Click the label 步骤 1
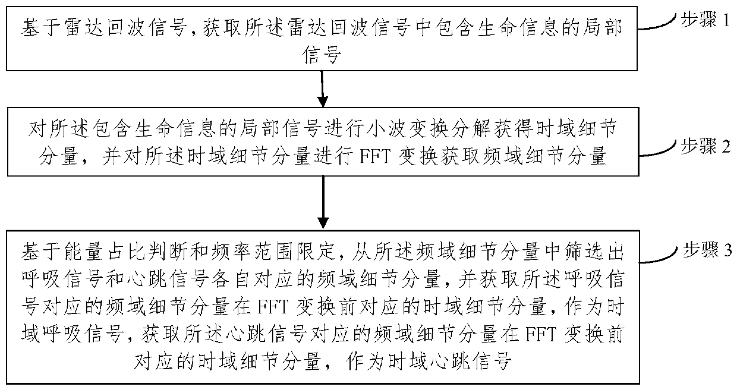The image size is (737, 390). pos(704,20)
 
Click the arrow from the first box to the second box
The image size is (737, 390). pos(323,88)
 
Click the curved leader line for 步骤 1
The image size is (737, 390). pos(656,23)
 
